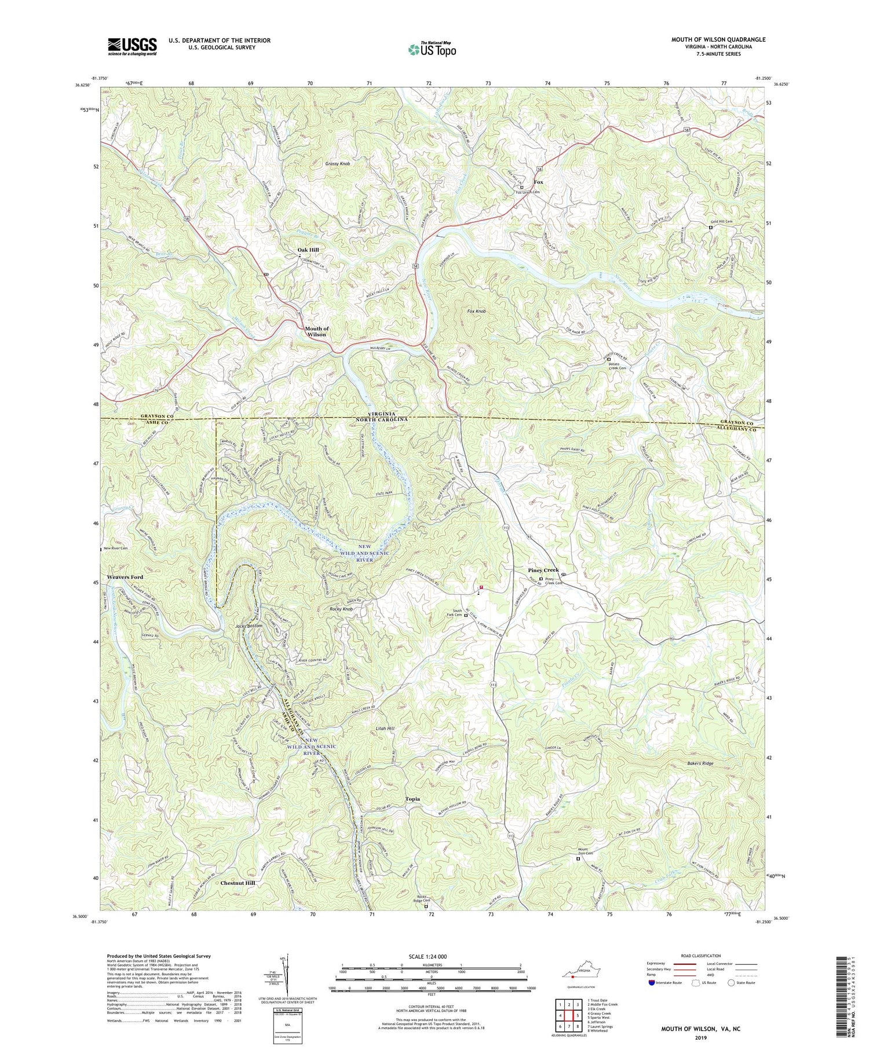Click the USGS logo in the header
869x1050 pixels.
tap(132, 46)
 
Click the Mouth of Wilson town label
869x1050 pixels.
tap(316, 331)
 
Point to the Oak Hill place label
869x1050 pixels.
tap(308, 250)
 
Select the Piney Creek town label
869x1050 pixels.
tap(543, 570)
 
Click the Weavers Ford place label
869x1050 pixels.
tap(125, 577)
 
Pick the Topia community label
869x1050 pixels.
tap(412, 799)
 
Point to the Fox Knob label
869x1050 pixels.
tap(477, 312)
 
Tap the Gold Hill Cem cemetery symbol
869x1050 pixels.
tap(711, 228)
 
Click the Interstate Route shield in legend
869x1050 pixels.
tap(652, 983)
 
